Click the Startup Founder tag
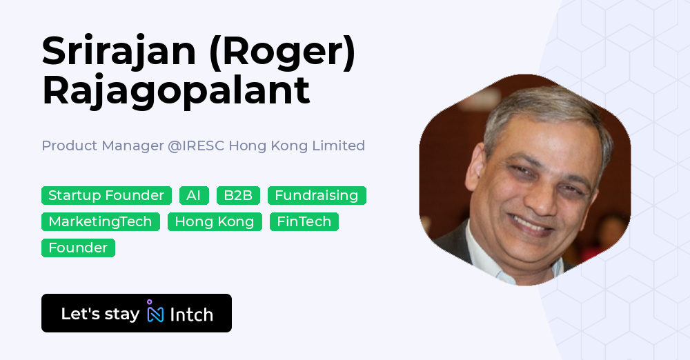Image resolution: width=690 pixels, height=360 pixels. click(106, 196)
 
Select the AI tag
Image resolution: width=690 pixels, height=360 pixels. click(194, 196)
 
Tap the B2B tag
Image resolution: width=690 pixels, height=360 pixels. click(238, 196)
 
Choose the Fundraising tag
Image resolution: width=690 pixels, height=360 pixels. click(317, 196)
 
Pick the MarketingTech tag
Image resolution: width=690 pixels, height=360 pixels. click(100, 222)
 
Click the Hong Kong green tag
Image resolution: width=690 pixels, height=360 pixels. click(215, 222)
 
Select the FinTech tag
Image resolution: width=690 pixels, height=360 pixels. click(304, 222)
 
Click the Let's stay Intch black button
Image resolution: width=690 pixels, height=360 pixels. click(137, 314)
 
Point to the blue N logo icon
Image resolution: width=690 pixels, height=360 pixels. click(155, 314)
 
